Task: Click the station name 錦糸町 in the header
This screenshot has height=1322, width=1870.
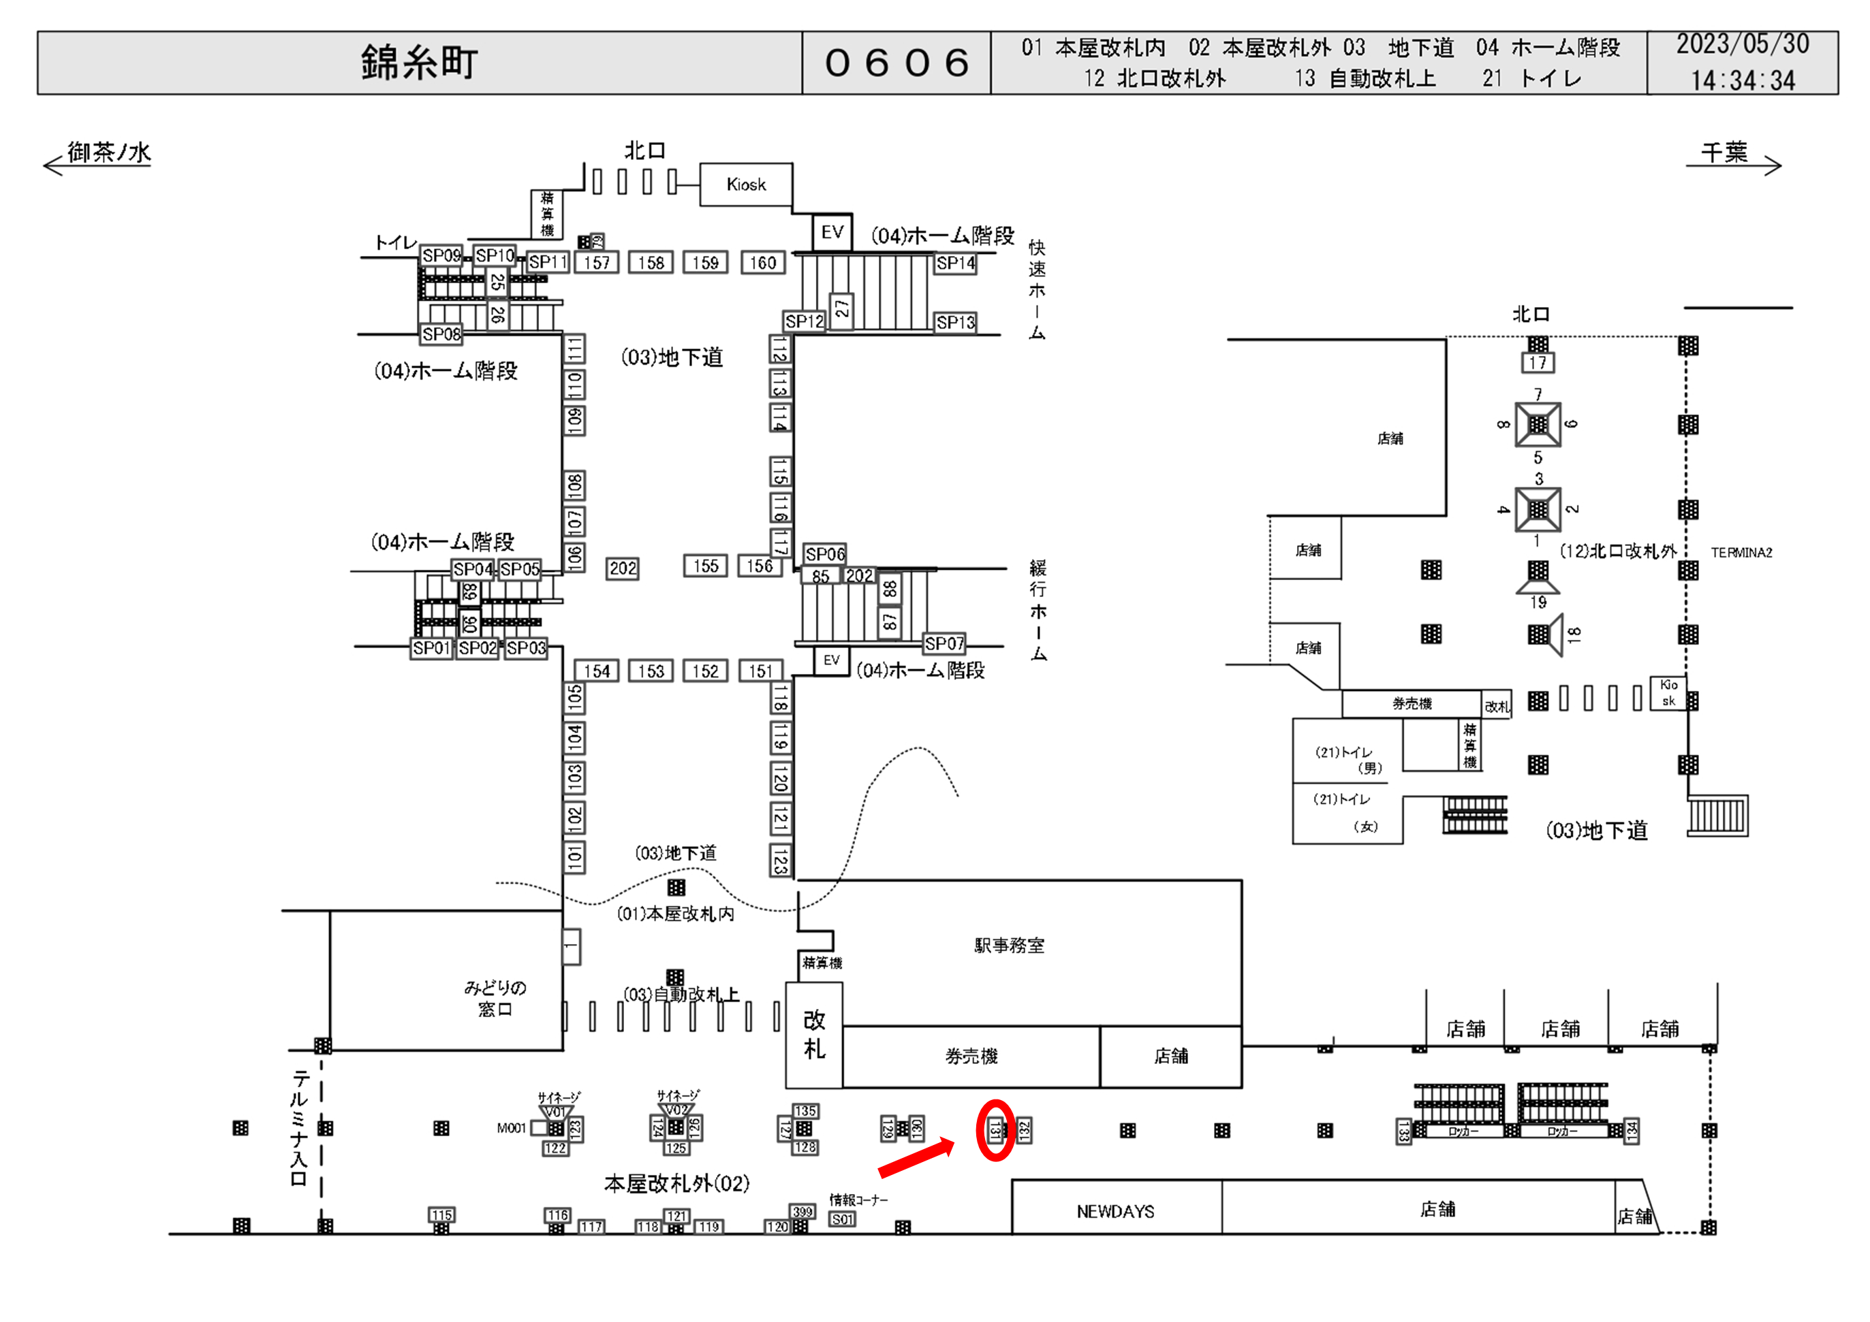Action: pyautogui.click(x=419, y=63)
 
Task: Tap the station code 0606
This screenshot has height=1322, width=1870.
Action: pyautogui.click(x=896, y=63)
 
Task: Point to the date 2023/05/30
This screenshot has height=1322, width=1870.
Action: pyautogui.click(x=1742, y=44)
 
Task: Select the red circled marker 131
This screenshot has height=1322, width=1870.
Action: pyautogui.click(x=995, y=1130)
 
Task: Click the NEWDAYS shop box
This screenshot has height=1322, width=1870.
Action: pyautogui.click(x=1115, y=1211)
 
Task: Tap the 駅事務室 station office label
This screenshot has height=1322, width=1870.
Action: pyautogui.click(x=1009, y=945)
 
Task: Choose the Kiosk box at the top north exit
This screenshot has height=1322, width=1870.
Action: pyautogui.click(x=746, y=184)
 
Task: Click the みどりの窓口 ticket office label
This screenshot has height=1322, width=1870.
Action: pyautogui.click(x=495, y=998)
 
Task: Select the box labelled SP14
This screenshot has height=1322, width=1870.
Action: pyautogui.click(x=954, y=263)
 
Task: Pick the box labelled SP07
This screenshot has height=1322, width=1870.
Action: pyautogui.click(x=944, y=643)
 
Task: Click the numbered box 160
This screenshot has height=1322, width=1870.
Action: pyautogui.click(x=763, y=263)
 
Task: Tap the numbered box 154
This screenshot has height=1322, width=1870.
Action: pyautogui.click(x=596, y=671)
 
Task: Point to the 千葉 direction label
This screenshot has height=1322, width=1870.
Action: pyautogui.click(x=1724, y=152)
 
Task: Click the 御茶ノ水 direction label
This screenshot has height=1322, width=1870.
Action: pyautogui.click(x=109, y=152)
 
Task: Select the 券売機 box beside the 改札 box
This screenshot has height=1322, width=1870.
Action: pyautogui.click(x=971, y=1056)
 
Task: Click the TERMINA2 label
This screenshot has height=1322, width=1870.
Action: pyautogui.click(x=1741, y=552)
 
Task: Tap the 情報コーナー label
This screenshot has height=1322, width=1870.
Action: pyautogui.click(x=858, y=1199)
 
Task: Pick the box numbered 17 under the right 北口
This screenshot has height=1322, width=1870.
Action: pyautogui.click(x=1537, y=363)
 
